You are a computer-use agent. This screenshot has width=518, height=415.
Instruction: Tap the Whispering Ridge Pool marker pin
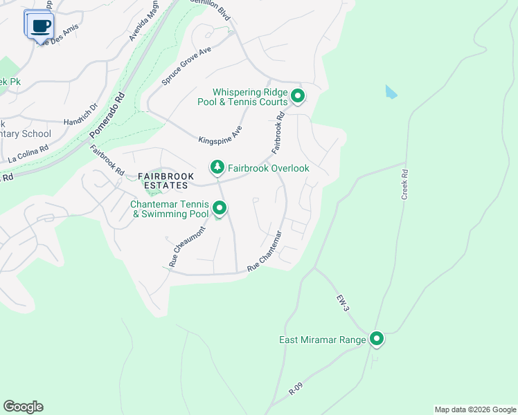[298, 95]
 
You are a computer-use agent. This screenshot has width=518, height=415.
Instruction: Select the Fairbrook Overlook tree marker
[217, 167]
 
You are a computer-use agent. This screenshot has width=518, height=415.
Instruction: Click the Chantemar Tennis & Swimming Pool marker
[220, 207]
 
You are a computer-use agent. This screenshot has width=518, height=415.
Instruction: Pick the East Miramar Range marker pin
[377, 339]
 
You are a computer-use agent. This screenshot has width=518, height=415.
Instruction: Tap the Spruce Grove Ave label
[186, 66]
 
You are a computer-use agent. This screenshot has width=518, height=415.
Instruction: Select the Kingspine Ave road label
[220, 131]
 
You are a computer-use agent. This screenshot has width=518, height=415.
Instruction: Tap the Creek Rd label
[406, 185]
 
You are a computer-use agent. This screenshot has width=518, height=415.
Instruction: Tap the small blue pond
[391, 91]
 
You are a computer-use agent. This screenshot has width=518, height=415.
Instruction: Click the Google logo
[23, 407]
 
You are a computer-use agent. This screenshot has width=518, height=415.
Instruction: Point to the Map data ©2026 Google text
[474, 409]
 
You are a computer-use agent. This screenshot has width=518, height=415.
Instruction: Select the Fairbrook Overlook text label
[269, 168]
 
